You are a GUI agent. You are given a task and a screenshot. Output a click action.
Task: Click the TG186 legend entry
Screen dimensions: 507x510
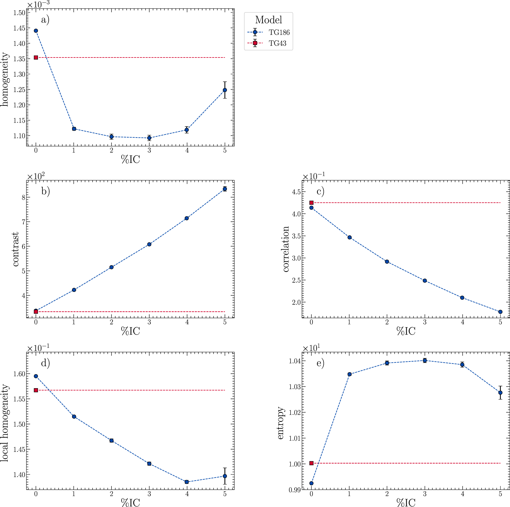[x=268, y=32]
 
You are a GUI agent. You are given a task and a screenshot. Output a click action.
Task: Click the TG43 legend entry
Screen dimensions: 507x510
[x=267, y=43]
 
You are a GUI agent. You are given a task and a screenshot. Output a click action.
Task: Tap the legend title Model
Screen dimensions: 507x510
[x=268, y=20]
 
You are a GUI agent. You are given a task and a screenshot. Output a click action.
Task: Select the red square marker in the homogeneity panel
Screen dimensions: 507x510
[x=36, y=57]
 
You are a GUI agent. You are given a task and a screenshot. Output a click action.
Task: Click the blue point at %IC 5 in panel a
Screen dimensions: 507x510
[x=225, y=90]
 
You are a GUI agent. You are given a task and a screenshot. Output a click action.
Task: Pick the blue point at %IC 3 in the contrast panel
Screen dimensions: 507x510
[x=149, y=244]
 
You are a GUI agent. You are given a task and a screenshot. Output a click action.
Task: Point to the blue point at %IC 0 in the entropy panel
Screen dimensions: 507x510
[x=311, y=483]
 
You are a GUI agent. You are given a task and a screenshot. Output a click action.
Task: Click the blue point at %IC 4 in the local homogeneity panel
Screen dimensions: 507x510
[x=187, y=482]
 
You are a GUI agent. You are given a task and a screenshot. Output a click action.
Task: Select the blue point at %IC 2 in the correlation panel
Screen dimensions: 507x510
[x=387, y=262]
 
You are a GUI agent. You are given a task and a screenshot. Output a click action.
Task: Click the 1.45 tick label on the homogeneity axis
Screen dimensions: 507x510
[x=19, y=28]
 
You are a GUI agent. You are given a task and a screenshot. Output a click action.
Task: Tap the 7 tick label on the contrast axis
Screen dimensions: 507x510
[x=23, y=222]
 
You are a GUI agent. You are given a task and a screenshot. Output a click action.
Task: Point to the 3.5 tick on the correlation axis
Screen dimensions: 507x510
[x=296, y=236]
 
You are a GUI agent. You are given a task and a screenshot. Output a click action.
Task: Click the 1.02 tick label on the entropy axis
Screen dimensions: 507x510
[x=295, y=412]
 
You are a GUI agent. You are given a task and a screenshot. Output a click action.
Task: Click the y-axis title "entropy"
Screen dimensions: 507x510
[x=280, y=423]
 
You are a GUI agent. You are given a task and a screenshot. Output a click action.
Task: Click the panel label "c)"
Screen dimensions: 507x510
[x=321, y=191]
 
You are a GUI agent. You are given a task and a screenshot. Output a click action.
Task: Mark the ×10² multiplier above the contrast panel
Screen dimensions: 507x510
[x=36, y=176]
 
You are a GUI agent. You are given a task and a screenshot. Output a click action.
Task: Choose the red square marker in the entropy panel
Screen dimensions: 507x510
[x=311, y=463]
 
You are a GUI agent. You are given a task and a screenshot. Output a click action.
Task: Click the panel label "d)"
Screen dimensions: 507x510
[x=45, y=363]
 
